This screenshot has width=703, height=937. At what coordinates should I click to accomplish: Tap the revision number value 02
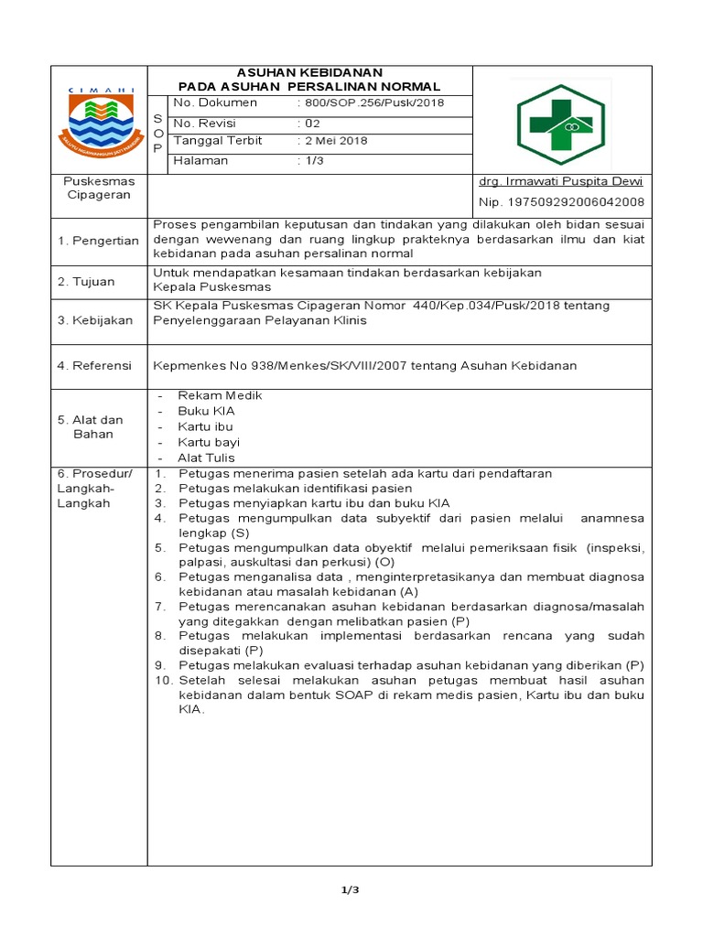click(313, 124)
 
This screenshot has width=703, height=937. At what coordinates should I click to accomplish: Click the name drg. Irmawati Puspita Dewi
click(561, 181)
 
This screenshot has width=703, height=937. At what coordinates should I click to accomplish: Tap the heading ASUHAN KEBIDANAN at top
click(309, 72)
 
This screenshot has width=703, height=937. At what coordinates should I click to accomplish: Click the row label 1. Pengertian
click(98, 241)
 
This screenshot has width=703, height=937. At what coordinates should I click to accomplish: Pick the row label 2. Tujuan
click(86, 281)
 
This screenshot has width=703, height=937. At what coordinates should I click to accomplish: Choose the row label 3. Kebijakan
click(94, 320)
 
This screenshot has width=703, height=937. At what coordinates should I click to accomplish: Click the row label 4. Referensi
click(94, 365)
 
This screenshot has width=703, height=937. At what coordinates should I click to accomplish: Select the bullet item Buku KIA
click(206, 411)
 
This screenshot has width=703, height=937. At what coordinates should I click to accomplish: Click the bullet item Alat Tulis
click(206, 458)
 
